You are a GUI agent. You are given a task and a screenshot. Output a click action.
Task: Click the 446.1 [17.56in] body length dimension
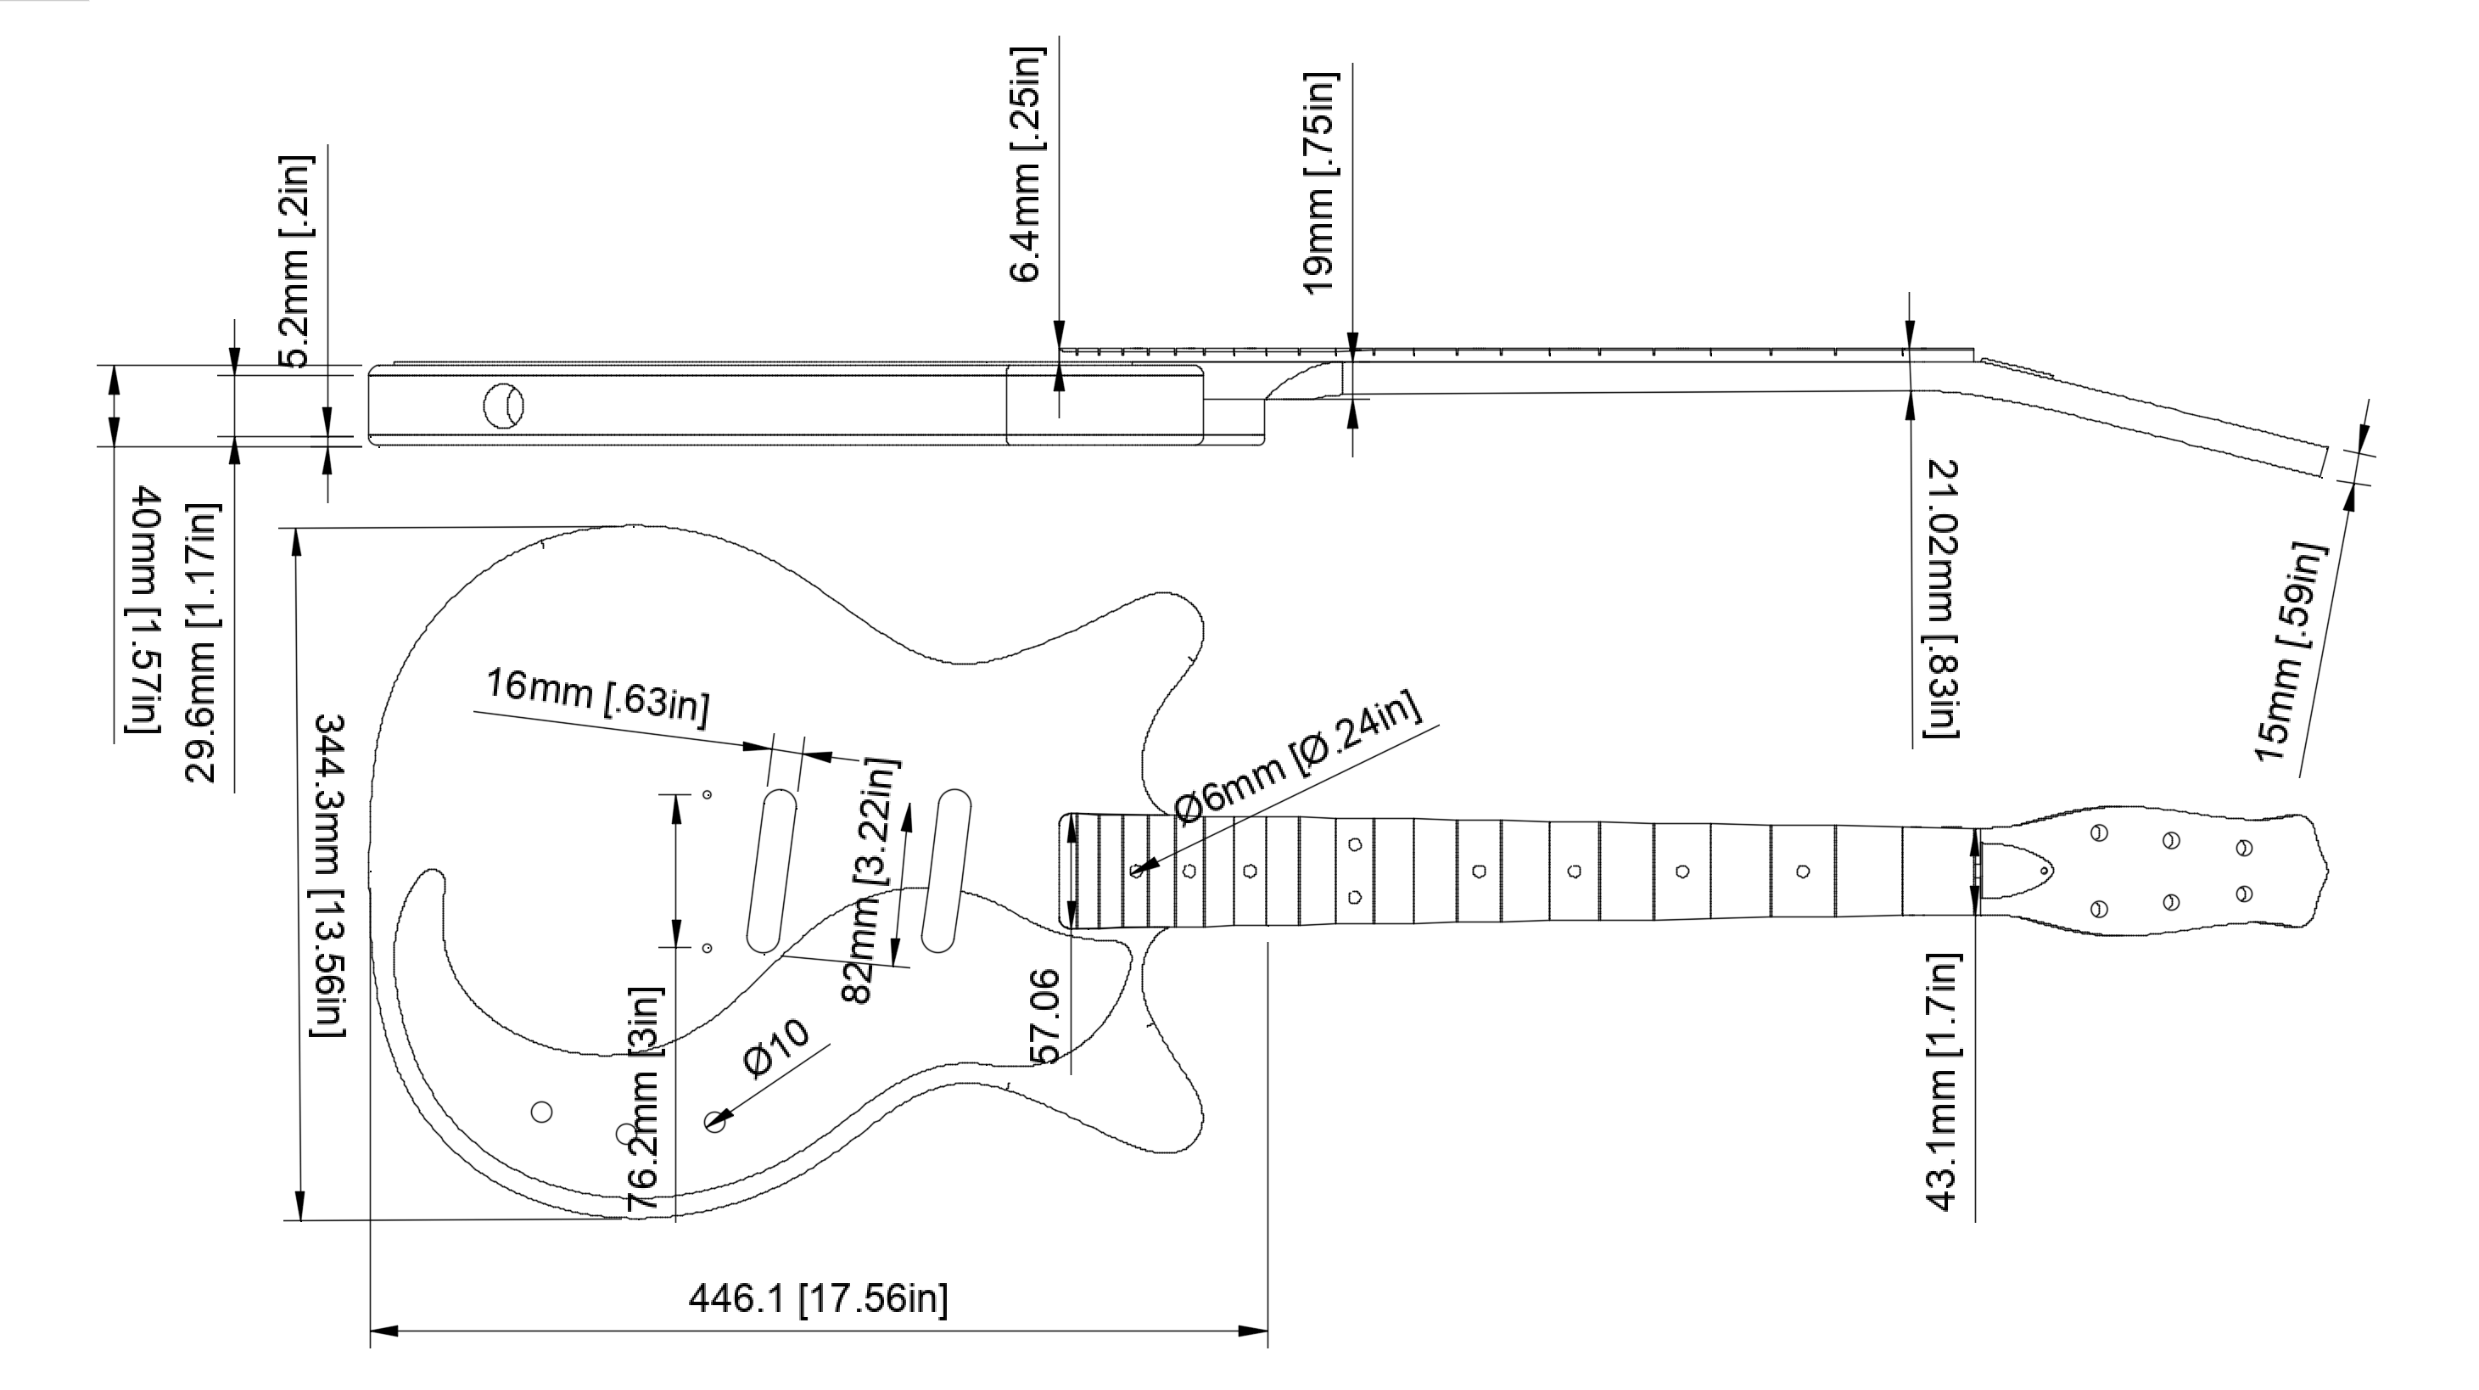(818, 1298)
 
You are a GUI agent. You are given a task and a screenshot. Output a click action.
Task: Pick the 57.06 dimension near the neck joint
(1045, 1017)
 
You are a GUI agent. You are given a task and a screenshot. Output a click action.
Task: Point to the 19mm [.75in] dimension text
(1320, 183)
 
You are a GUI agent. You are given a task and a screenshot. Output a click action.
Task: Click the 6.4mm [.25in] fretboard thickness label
(1027, 164)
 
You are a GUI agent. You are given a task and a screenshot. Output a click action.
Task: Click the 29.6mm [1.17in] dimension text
(203, 642)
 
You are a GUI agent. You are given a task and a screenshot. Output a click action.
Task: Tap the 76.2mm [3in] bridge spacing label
(643, 1097)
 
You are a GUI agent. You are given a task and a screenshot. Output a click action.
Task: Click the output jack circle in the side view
(503, 406)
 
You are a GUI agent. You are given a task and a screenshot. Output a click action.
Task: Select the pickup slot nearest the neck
(946, 872)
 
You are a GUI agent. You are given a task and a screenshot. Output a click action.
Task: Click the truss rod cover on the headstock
(2019, 872)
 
